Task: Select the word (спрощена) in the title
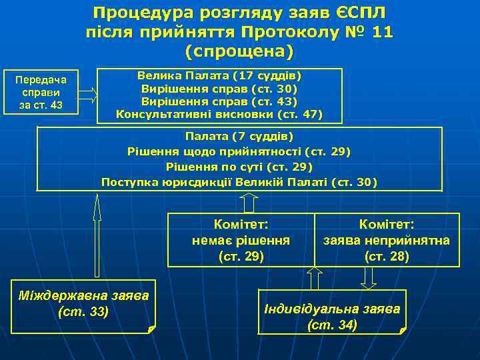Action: click(x=239, y=51)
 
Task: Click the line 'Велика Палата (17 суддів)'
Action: click(x=219, y=75)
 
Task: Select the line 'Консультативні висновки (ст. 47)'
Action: click(x=219, y=115)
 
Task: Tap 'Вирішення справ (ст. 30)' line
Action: click(x=219, y=88)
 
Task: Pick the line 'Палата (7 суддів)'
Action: click(x=239, y=137)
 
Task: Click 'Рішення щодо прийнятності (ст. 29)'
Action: click(x=239, y=151)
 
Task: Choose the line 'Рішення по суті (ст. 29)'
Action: click(x=239, y=167)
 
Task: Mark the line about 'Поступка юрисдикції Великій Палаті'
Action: click(x=239, y=182)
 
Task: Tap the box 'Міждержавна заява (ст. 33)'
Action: click(x=83, y=305)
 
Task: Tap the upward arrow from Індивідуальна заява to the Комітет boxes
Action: click(x=314, y=277)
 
